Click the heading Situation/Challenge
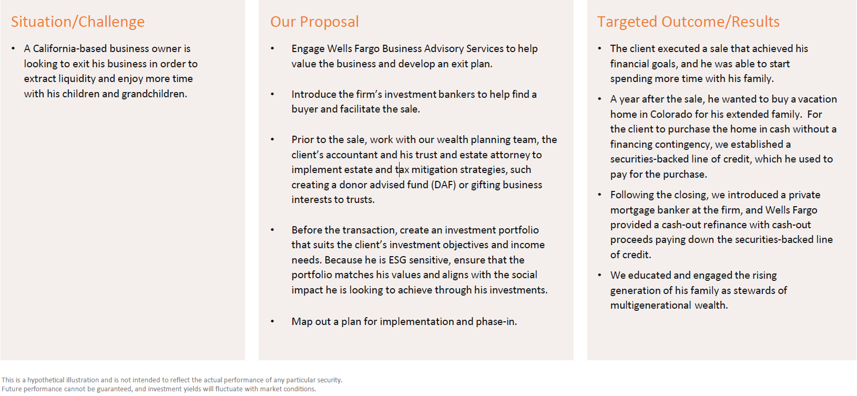pyautogui.click(x=77, y=22)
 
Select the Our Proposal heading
pyautogui.click(x=314, y=22)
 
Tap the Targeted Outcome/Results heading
pyautogui.click(x=688, y=22)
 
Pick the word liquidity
pyautogui.click(x=76, y=78)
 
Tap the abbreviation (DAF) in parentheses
pyautogui.click(x=443, y=185)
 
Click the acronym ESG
pyautogui.click(x=397, y=260)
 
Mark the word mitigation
pyautogui.click(x=434, y=169)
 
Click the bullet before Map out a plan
pyautogui.click(x=272, y=321)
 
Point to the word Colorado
pyautogui.click(x=671, y=114)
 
